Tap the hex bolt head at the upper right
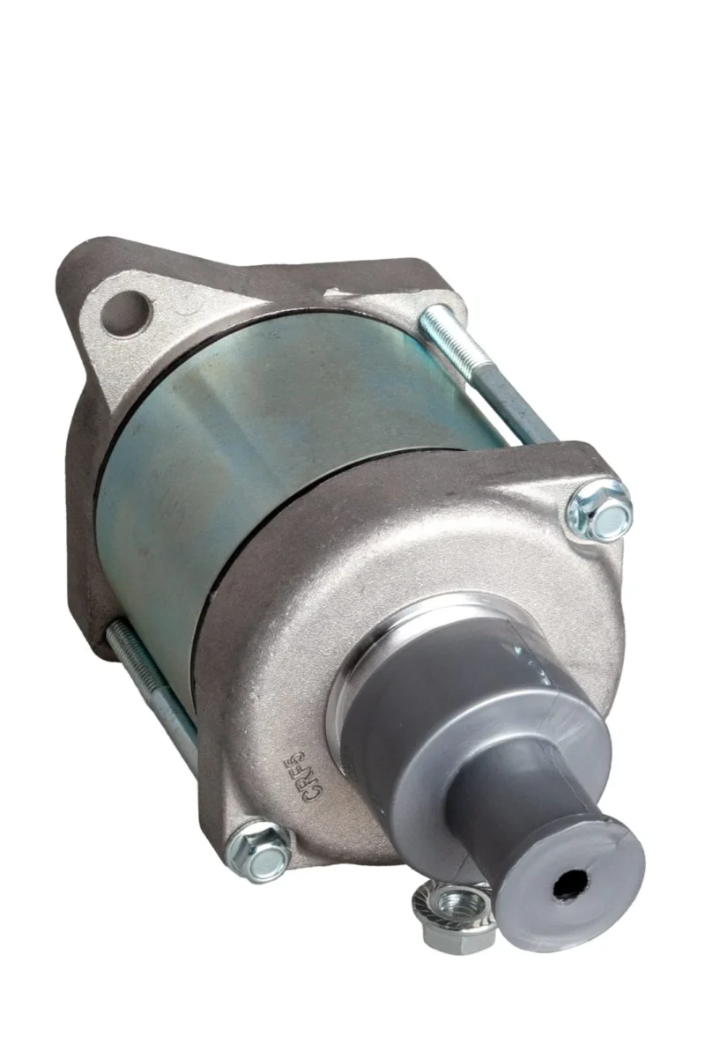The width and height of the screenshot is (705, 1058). (x=602, y=510)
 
